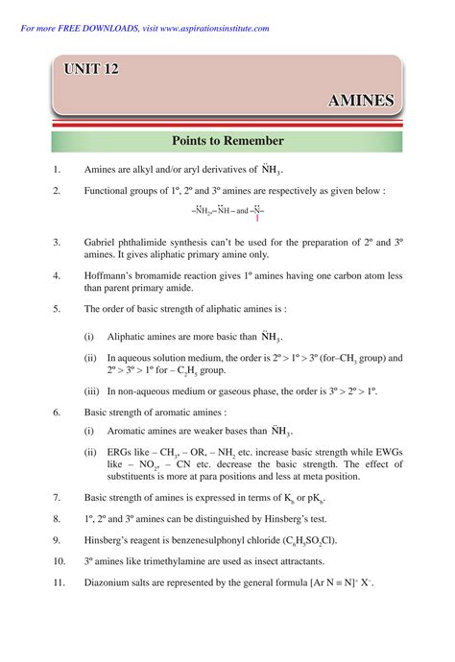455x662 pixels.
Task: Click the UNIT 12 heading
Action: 92,69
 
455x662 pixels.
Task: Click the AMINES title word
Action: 361,100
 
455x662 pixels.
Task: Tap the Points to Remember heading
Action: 227,141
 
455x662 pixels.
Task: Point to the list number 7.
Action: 58,498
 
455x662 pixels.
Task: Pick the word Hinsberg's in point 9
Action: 111,540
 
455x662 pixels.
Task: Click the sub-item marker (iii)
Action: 91,391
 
